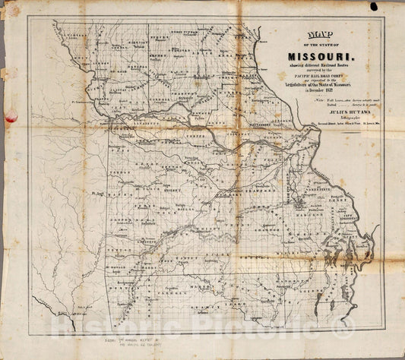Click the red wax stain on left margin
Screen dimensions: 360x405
(x=11, y=115)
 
